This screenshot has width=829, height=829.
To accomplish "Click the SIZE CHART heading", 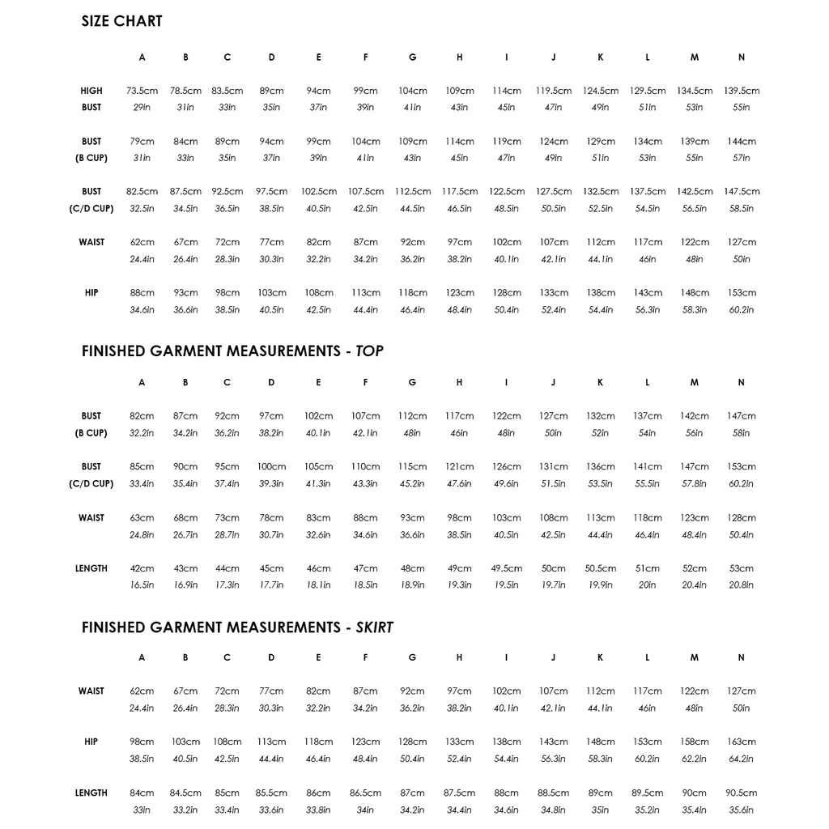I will (x=121, y=22).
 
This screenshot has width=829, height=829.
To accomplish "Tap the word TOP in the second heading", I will (x=369, y=351).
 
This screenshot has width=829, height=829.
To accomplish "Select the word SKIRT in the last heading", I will (x=374, y=627).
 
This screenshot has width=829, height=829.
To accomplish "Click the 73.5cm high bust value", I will (x=142, y=91).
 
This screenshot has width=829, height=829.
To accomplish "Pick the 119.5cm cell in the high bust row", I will (x=554, y=91).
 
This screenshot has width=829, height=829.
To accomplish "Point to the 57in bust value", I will (x=741, y=158).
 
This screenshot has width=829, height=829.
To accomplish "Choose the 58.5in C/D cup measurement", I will (x=741, y=209).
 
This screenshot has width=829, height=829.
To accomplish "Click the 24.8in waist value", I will (x=142, y=534).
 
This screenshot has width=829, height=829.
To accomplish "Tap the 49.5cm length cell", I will (x=507, y=568).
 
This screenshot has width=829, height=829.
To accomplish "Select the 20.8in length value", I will (x=741, y=585).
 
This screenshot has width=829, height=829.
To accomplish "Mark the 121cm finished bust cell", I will (x=459, y=467).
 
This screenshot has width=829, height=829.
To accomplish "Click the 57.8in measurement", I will (x=694, y=484).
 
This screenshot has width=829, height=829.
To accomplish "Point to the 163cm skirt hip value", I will (x=741, y=742).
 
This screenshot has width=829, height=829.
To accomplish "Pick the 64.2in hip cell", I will (x=741, y=759).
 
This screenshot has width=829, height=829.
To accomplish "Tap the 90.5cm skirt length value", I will (x=741, y=793).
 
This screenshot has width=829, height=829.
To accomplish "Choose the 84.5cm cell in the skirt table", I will (x=185, y=793).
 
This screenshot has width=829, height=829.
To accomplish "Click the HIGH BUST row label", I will (x=91, y=100).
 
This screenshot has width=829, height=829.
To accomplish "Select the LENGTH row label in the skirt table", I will (x=91, y=793).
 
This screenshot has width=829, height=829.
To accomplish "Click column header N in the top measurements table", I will (x=741, y=382).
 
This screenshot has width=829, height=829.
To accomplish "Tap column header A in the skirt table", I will (x=142, y=658).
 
